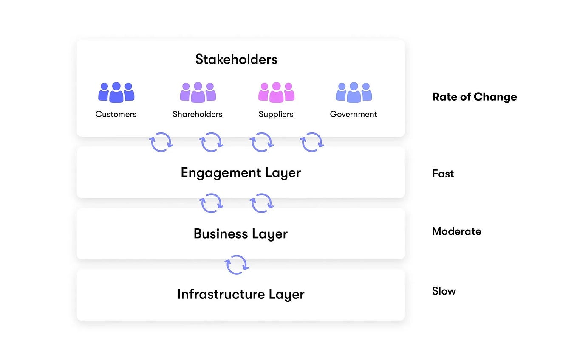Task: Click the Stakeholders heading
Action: pos(236,59)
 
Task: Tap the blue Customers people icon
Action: pos(116,93)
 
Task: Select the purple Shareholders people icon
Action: pos(198,93)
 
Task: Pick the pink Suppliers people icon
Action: pos(277,93)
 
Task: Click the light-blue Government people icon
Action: pos(354,93)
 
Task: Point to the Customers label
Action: pos(116,114)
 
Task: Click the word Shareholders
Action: pos(198,114)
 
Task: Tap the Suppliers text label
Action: pos(276,114)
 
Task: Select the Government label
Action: pos(354,114)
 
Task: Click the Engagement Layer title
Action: pos(240,173)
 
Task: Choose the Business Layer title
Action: pos(240,234)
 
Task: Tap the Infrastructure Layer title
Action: pos(241,294)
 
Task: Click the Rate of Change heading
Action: pos(475,97)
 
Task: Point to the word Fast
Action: pos(443,174)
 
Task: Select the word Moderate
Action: pos(457,231)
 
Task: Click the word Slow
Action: pos(444,291)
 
